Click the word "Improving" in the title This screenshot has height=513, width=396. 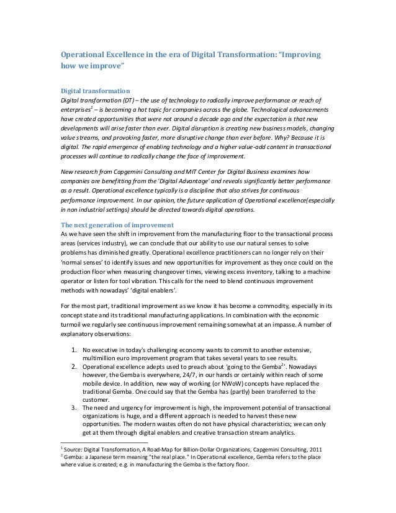301,55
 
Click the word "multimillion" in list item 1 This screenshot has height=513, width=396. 102,358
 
